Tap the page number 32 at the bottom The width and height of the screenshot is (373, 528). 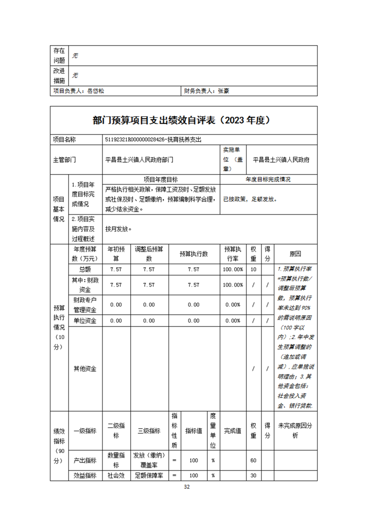(186, 487)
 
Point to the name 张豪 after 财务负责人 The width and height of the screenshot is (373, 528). (223, 92)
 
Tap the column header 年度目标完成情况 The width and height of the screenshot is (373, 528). (268, 179)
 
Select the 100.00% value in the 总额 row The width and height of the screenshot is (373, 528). (233, 270)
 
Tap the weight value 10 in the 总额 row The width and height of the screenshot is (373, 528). (254, 270)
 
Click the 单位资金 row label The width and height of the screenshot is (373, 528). (85, 321)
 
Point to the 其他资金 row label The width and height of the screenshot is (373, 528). (85, 369)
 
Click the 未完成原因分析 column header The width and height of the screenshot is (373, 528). (295, 430)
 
